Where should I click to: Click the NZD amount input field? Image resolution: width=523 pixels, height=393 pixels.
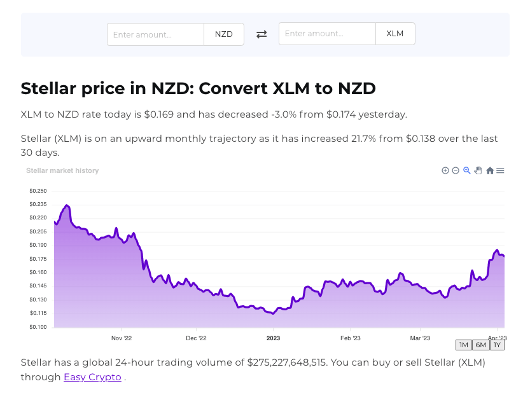(x=155, y=34)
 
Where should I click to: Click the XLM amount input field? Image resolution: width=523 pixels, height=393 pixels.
(x=327, y=34)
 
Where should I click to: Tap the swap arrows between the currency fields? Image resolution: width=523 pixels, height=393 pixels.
(x=261, y=34)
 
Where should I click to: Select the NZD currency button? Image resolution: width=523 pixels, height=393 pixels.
(x=224, y=34)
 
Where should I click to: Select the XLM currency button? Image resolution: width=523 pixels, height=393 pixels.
(x=395, y=34)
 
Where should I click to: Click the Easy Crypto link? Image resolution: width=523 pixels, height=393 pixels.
(x=92, y=377)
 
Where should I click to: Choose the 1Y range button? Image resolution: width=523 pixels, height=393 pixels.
(x=497, y=345)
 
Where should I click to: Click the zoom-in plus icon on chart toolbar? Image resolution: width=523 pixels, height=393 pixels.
(x=445, y=170)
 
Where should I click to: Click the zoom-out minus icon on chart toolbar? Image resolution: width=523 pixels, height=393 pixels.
(x=456, y=170)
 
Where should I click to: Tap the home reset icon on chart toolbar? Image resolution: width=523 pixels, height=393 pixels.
(x=490, y=170)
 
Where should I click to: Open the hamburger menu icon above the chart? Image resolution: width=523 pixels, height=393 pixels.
(x=500, y=170)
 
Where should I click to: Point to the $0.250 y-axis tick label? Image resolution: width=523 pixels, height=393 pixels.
(x=38, y=191)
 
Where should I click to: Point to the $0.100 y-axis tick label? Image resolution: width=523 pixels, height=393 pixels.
(x=38, y=327)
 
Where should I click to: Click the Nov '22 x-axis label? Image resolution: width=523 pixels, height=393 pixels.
(x=121, y=338)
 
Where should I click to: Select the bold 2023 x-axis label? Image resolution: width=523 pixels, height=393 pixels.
(x=273, y=338)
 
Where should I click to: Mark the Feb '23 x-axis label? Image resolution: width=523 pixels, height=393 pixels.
(x=351, y=338)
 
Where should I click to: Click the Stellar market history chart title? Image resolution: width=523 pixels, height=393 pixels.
(x=62, y=170)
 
